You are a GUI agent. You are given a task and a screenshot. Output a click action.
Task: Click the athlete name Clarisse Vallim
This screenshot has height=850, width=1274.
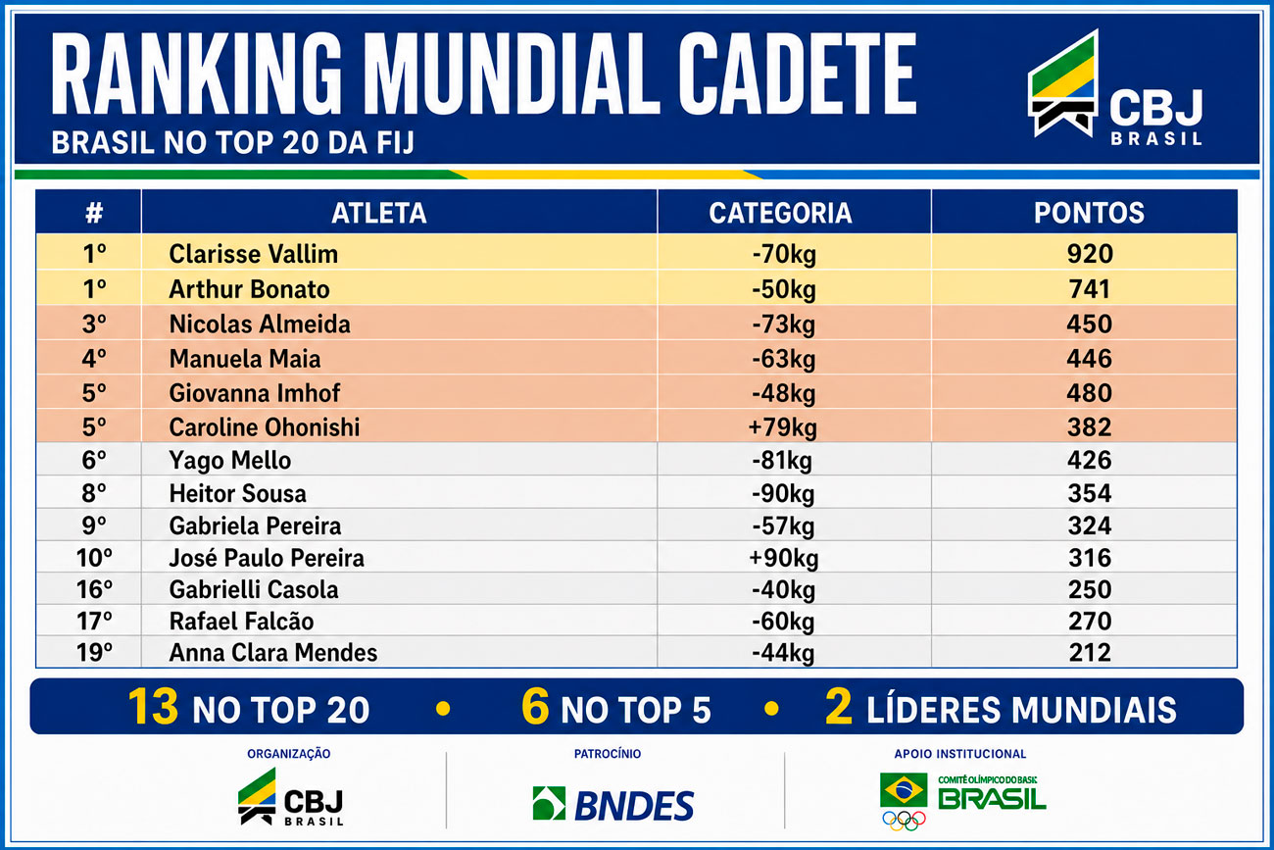click(x=253, y=254)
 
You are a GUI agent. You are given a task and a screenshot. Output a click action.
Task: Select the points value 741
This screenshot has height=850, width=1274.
click(x=1089, y=289)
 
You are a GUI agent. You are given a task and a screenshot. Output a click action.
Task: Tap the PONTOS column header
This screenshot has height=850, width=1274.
click(x=1089, y=214)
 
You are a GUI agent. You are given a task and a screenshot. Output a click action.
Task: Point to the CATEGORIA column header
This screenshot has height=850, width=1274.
click(x=780, y=214)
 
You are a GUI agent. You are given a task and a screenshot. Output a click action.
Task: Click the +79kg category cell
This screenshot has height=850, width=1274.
click(x=783, y=427)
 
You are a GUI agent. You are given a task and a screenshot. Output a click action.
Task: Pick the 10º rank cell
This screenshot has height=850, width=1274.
click(x=94, y=558)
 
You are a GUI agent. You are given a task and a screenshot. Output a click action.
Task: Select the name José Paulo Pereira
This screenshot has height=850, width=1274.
click(x=267, y=558)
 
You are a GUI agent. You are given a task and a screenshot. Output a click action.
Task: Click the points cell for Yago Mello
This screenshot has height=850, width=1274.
click(x=1089, y=460)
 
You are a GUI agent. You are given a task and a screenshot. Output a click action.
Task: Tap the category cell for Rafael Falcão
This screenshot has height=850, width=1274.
click(x=783, y=622)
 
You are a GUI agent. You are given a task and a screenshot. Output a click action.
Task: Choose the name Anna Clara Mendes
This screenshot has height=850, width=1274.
click(x=273, y=653)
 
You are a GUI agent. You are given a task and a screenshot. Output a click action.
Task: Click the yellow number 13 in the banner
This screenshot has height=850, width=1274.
click(x=153, y=707)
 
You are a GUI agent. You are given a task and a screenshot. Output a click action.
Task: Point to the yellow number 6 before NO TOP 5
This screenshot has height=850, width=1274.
click(x=535, y=707)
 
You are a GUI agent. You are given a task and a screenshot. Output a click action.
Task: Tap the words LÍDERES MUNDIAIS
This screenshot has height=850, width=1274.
click(x=1021, y=710)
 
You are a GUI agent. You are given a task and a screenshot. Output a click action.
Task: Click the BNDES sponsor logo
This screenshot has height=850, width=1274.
click(x=613, y=805)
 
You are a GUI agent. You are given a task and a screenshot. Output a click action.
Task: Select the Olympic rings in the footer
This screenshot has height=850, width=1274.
click(x=904, y=821)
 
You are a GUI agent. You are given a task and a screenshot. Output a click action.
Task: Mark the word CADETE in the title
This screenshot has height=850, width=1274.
click(x=797, y=74)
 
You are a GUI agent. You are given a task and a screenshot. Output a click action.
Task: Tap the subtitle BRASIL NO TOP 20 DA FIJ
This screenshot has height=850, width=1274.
click(x=232, y=142)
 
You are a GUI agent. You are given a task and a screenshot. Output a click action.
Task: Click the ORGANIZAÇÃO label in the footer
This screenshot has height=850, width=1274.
click(x=288, y=754)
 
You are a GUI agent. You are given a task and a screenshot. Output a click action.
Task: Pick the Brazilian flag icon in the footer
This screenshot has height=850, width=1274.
click(x=904, y=789)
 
